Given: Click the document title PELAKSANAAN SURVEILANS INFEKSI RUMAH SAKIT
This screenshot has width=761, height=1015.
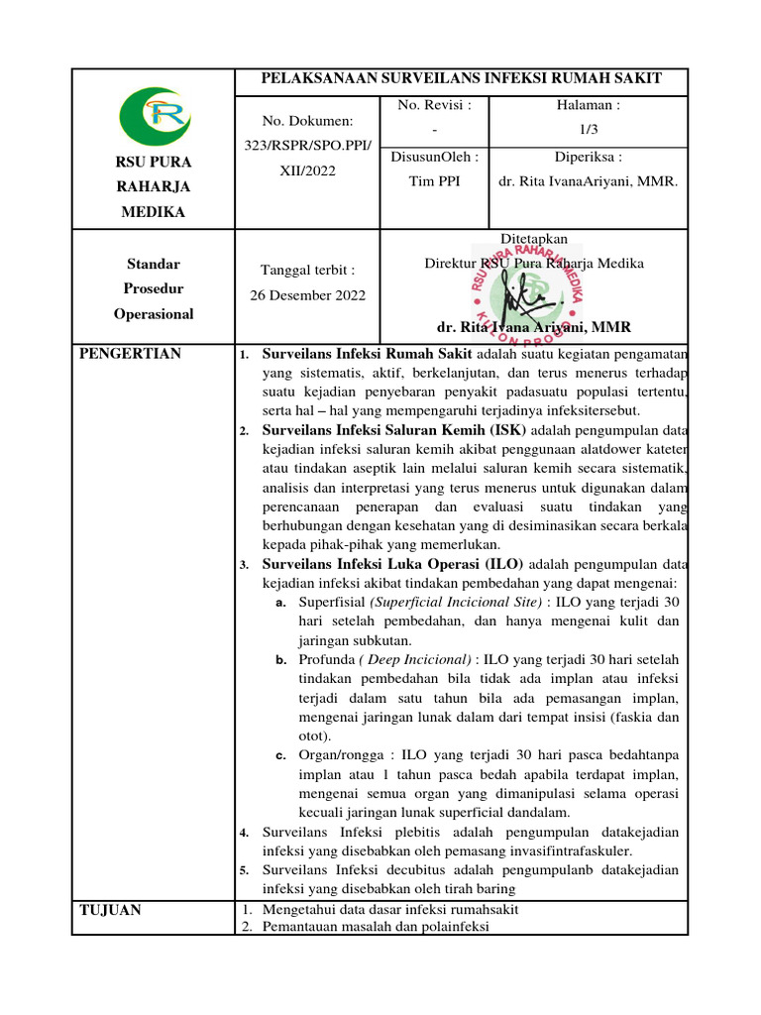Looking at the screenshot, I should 460,79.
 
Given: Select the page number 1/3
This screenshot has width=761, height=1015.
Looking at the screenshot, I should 589,129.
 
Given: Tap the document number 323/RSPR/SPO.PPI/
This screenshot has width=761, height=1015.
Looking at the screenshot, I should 307,146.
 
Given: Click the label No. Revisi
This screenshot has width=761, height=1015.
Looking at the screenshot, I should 434,104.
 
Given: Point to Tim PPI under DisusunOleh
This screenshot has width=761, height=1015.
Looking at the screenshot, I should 434,181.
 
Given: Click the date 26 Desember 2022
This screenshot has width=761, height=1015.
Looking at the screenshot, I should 307,294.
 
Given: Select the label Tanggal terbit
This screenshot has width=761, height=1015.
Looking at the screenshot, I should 307,270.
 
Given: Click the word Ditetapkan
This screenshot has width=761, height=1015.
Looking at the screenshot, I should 535,239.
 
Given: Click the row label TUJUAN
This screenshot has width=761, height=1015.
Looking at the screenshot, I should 110,910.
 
